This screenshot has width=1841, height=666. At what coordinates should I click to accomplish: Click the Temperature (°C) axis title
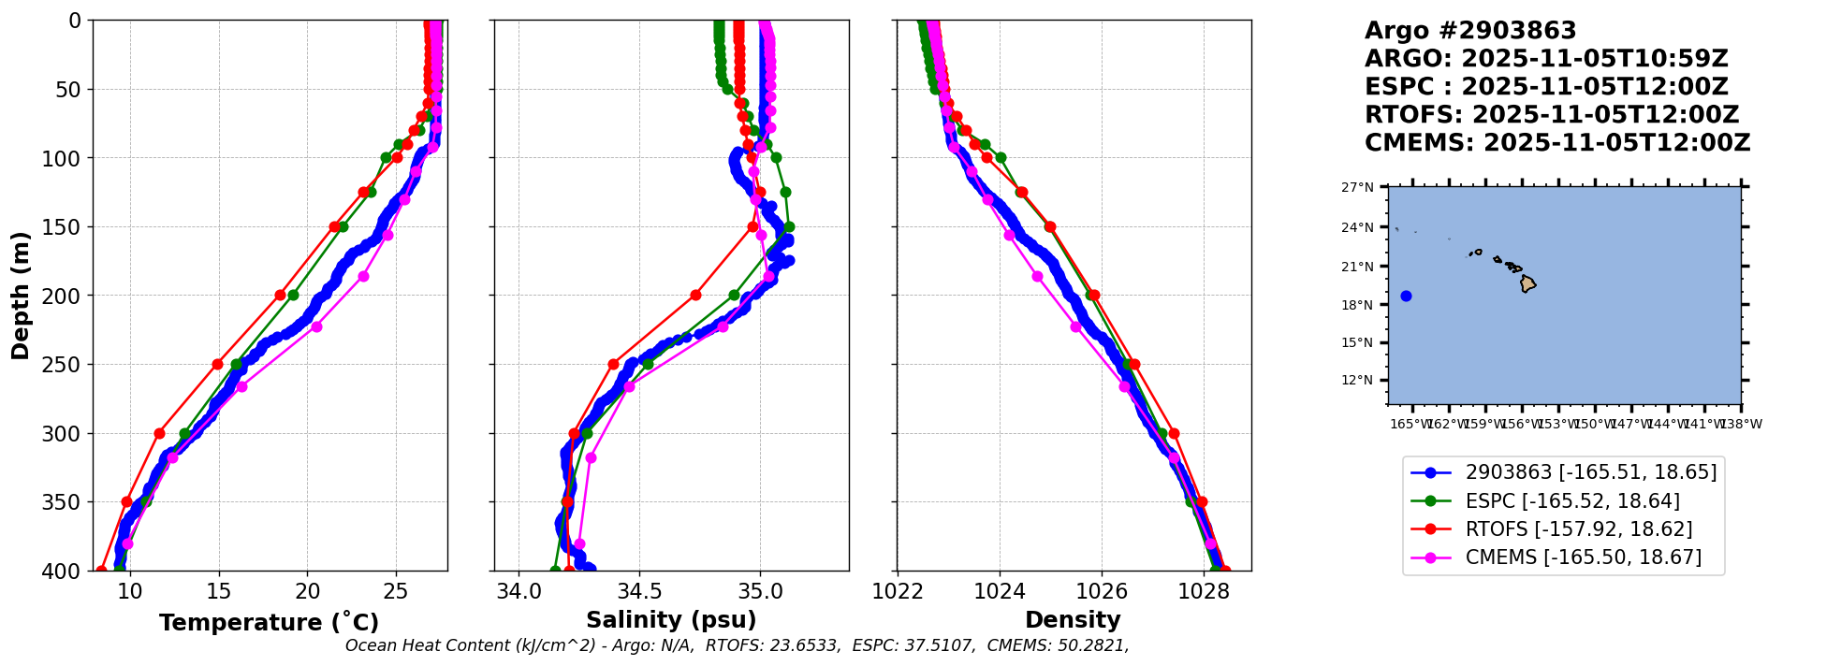click(269, 623)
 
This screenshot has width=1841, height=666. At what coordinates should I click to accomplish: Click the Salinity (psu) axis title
click(671, 620)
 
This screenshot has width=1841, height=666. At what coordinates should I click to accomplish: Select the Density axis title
click(1073, 620)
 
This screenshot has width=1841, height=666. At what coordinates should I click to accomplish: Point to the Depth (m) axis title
click(21, 295)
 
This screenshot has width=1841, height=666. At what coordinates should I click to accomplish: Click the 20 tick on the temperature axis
click(308, 591)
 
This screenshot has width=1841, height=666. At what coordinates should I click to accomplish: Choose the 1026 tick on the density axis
click(1102, 591)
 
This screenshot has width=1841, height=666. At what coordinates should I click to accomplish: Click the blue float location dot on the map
click(1406, 297)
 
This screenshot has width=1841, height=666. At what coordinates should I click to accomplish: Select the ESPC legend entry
click(1572, 501)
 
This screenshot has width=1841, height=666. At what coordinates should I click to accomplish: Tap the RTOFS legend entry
click(1579, 529)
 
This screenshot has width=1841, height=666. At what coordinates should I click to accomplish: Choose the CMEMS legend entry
click(1584, 558)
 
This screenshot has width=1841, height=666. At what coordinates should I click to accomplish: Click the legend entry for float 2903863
click(1591, 472)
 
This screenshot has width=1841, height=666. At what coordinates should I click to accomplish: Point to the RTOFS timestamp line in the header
click(1551, 115)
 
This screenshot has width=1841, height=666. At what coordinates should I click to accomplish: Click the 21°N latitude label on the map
click(1357, 267)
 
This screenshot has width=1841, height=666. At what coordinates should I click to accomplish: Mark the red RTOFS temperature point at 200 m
click(280, 296)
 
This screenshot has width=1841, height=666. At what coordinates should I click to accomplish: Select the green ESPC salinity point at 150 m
click(789, 226)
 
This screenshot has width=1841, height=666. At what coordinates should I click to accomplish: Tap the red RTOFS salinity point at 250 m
click(613, 364)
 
